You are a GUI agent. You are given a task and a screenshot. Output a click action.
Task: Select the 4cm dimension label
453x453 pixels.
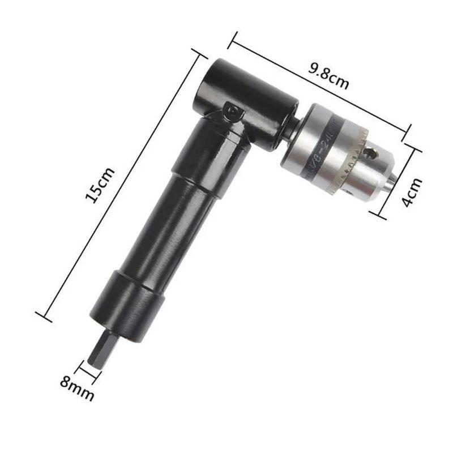click(x=413, y=193)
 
